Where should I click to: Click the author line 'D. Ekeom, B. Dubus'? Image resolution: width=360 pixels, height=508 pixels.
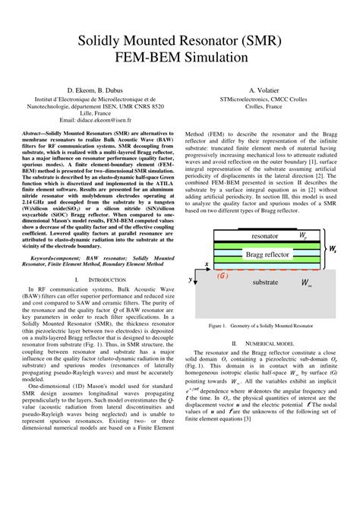coord(96,89)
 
